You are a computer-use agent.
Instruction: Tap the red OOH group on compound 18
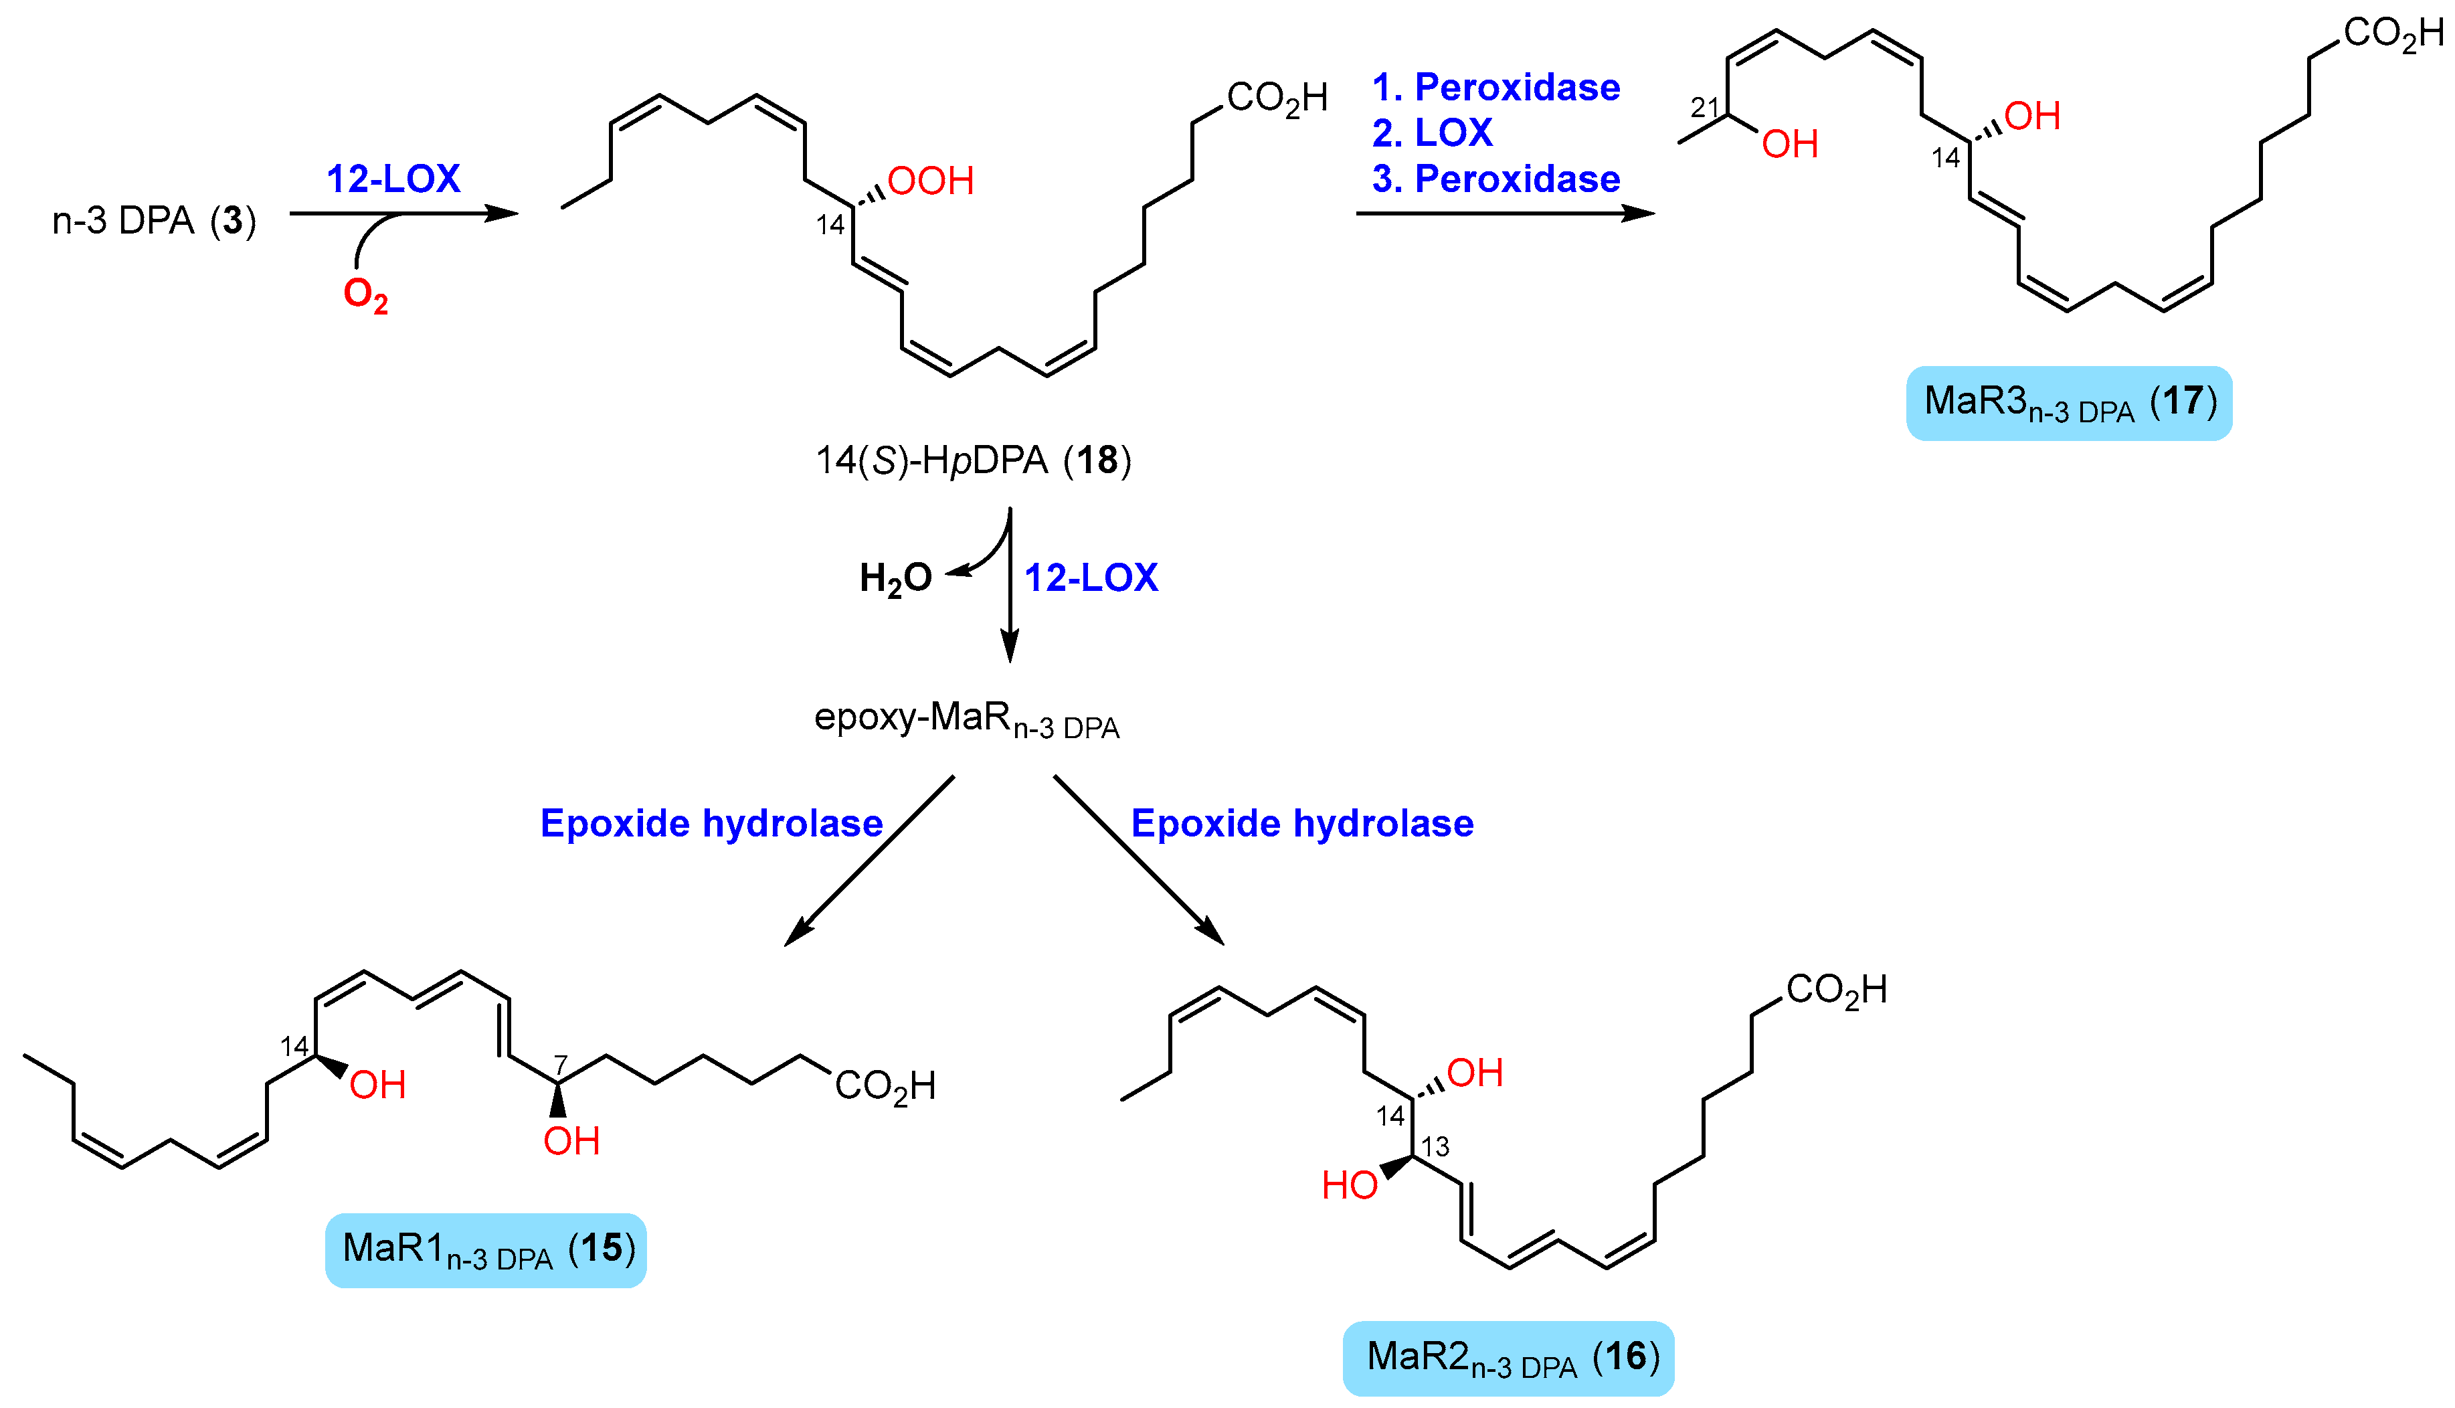click(929, 181)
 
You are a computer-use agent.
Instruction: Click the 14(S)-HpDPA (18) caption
click(973, 460)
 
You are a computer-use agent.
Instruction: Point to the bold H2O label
click(895, 578)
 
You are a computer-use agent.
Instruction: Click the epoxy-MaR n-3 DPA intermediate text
click(966, 719)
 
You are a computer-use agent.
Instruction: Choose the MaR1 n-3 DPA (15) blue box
click(485, 1249)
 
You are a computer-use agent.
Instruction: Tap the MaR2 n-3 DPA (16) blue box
click(1508, 1358)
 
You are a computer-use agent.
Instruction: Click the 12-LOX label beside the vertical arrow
click(1090, 578)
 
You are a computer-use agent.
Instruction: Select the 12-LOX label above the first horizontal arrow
click(393, 179)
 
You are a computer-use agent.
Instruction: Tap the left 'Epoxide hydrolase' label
click(711, 823)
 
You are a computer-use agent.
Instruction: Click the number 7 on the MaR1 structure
click(560, 1064)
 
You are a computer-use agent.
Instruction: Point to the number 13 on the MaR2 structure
click(1435, 1147)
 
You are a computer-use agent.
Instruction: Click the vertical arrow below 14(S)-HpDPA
click(1010, 590)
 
